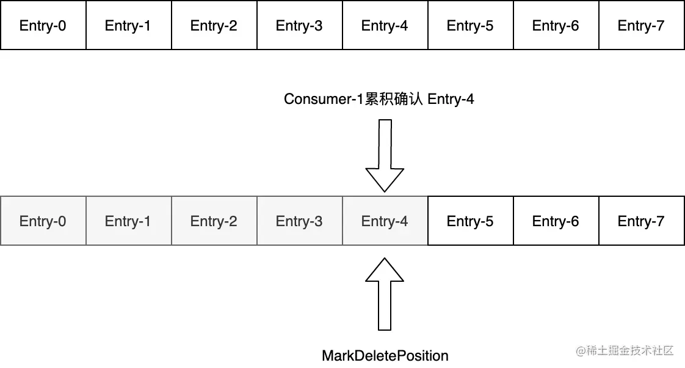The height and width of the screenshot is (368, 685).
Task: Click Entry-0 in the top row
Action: pyautogui.click(x=43, y=26)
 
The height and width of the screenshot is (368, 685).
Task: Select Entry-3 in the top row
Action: pyautogui.click(x=299, y=26)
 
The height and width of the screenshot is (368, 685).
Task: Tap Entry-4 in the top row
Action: pyautogui.click(x=385, y=26)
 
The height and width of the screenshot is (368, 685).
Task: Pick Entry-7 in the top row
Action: pyautogui.click(x=641, y=26)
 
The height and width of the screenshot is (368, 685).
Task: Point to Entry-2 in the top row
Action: pyautogui.click(x=214, y=26)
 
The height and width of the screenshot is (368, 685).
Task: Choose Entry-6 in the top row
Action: pyautogui.click(x=556, y=26)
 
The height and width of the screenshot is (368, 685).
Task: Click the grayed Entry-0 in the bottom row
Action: pyautogui.click(x=43, y=221)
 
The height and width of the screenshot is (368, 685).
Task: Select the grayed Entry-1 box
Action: pyautogui.click(x=128, y=221)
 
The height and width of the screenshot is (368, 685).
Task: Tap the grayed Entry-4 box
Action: pyautogui.click(x=385, y=221)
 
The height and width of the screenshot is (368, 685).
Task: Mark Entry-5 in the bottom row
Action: pyautogui.click(x=470, y=221)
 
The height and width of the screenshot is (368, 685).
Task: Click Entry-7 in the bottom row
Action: pyautogui.click(x=641, y=221)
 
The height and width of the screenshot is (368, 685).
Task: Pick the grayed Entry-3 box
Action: pyautogui.click(x=299, y=221)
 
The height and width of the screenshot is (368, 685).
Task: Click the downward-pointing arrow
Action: pyautogui.click(x=385, y=156)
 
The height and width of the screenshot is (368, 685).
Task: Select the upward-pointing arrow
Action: pyautogui.click(x=385, y=293)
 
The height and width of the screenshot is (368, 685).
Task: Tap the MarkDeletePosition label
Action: pyautogui.click(x=385, y=356)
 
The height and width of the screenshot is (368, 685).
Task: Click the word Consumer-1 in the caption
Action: pyautogui.click(x=324, y=99)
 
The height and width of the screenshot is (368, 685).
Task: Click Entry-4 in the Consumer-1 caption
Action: pyautogui.click(x=451, y=99)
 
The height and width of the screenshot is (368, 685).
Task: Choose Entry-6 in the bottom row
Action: pyautogui.click(x=556, y=221)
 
